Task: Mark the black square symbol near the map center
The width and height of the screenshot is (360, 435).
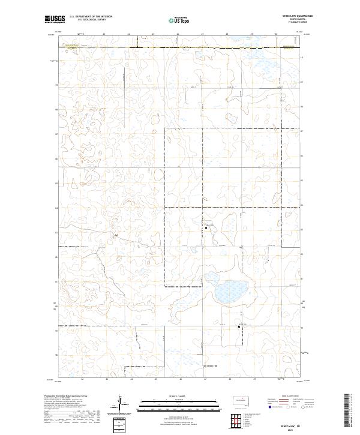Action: click(207, 227)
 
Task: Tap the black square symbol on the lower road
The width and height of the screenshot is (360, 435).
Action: click(239, 327)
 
